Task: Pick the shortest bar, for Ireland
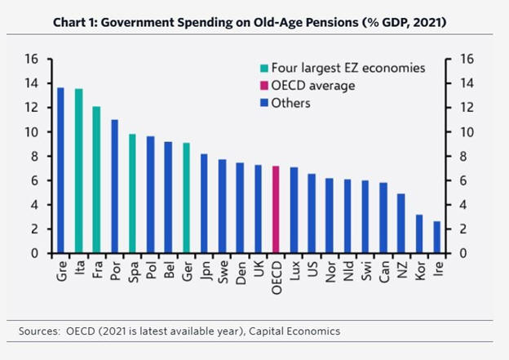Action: [x=437, y=237]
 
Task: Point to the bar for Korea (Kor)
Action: [x=419, y=233]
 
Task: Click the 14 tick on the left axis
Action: [x=31, y=83]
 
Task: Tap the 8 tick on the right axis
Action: [x=466, y=156]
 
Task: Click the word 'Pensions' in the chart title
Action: [x=314, y=21]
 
